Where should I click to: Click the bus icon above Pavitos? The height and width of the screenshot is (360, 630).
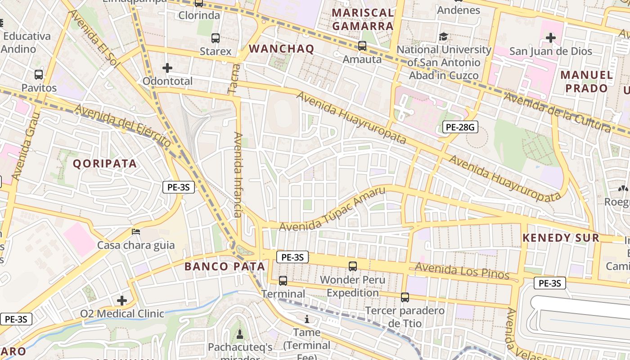coord(39,74)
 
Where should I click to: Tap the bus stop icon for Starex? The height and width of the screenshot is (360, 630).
coord(216,38)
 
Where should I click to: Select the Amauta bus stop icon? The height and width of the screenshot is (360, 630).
coord(362,46)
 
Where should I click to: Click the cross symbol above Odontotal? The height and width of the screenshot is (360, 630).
coord(167,68)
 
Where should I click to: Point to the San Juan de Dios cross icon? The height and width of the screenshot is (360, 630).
coord(550,38)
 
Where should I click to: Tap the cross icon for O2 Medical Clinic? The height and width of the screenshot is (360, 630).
coord(122,300)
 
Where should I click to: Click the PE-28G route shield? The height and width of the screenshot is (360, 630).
coord(459,127)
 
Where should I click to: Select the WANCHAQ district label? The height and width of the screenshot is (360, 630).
coord(281,49)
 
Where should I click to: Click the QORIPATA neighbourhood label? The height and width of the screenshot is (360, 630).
coord(105,163)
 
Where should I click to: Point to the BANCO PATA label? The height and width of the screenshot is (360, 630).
coord(225,266)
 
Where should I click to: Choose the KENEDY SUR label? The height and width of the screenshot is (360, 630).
coord(561,238)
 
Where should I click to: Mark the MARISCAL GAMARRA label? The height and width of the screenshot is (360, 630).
coord(363,19)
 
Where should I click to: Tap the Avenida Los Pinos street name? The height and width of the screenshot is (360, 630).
coord(462,271)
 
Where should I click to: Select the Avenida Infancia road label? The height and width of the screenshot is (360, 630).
coord(238,175)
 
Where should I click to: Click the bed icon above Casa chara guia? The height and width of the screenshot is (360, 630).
coord(136,232)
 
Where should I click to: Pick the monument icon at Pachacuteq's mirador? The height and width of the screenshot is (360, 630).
coord(239,334)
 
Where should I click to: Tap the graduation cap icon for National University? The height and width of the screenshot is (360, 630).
coord(444,36)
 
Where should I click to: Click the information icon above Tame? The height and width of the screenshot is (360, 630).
coord(307,319)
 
